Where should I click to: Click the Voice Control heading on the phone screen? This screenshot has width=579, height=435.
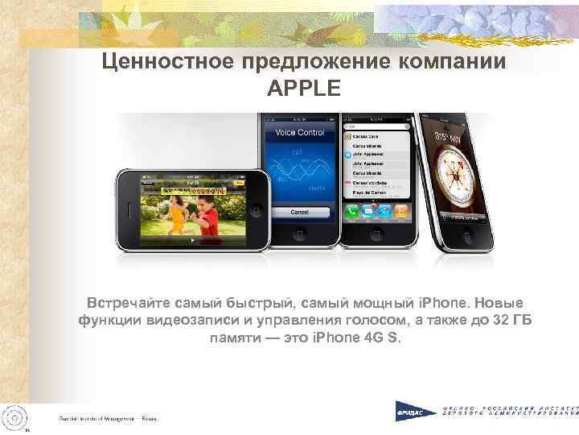coord(299,132)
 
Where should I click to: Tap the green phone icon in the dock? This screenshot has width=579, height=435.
coord(352,212)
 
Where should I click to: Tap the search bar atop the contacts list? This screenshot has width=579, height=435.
coord(376,127)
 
